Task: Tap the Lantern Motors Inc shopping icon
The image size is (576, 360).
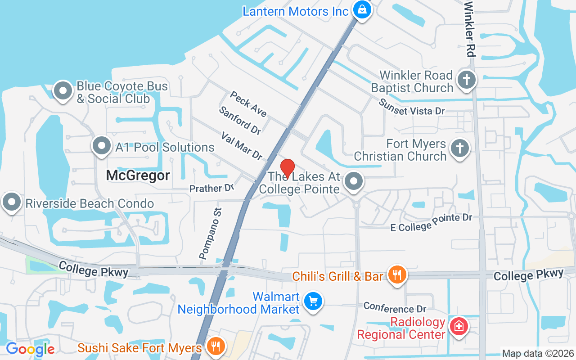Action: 361,9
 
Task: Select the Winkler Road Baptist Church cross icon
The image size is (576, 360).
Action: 467,81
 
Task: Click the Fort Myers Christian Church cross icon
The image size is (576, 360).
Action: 459,148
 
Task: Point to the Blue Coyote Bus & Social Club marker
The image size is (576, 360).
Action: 63,91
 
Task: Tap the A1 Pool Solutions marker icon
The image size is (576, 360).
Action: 102,146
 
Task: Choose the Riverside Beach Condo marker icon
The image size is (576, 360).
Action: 12,202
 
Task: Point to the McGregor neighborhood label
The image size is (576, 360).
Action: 138,175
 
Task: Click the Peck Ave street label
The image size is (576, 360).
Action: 248,104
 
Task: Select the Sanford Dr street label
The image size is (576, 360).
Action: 240,121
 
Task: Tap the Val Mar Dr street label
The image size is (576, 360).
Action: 242,146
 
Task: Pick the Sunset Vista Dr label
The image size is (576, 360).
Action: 411,107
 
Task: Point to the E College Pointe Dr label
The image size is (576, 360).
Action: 431,223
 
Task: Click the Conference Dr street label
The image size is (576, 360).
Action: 395,308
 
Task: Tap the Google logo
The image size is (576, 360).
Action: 30,349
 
